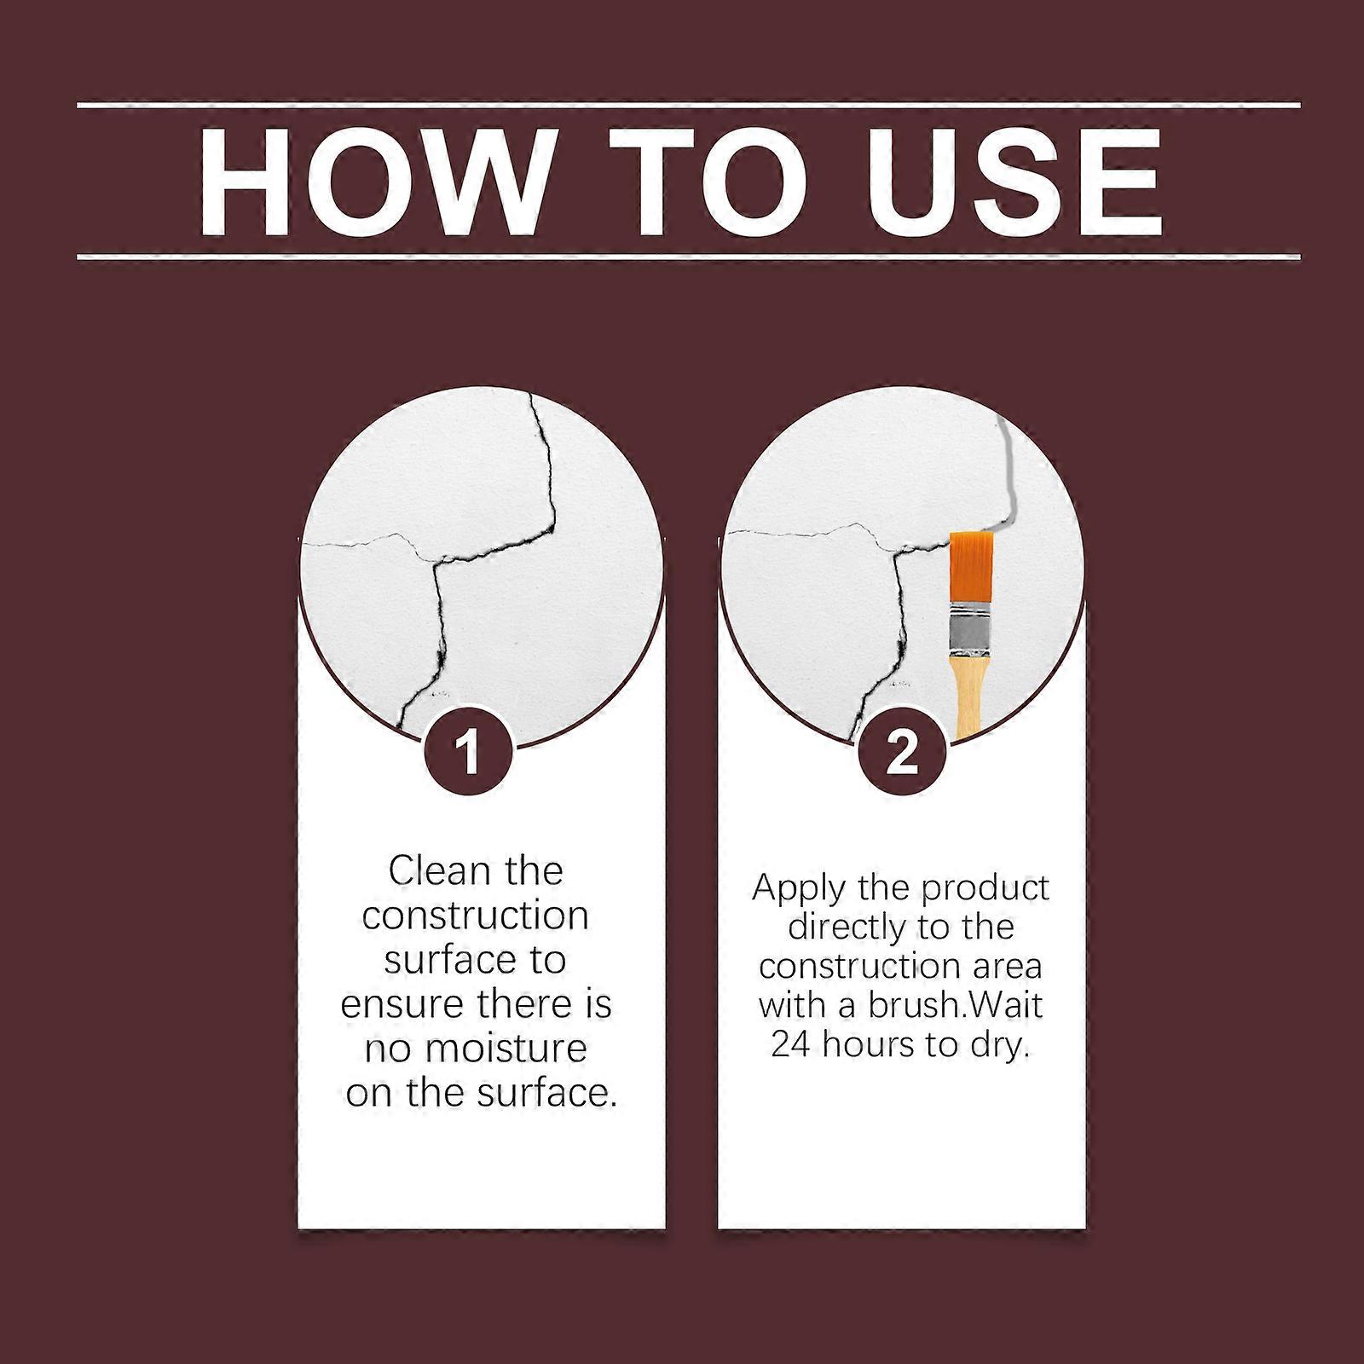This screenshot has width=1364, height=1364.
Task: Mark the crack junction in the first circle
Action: (436, 562)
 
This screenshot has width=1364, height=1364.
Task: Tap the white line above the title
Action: (689, 105)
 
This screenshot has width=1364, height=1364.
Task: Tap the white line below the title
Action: (689, 256)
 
